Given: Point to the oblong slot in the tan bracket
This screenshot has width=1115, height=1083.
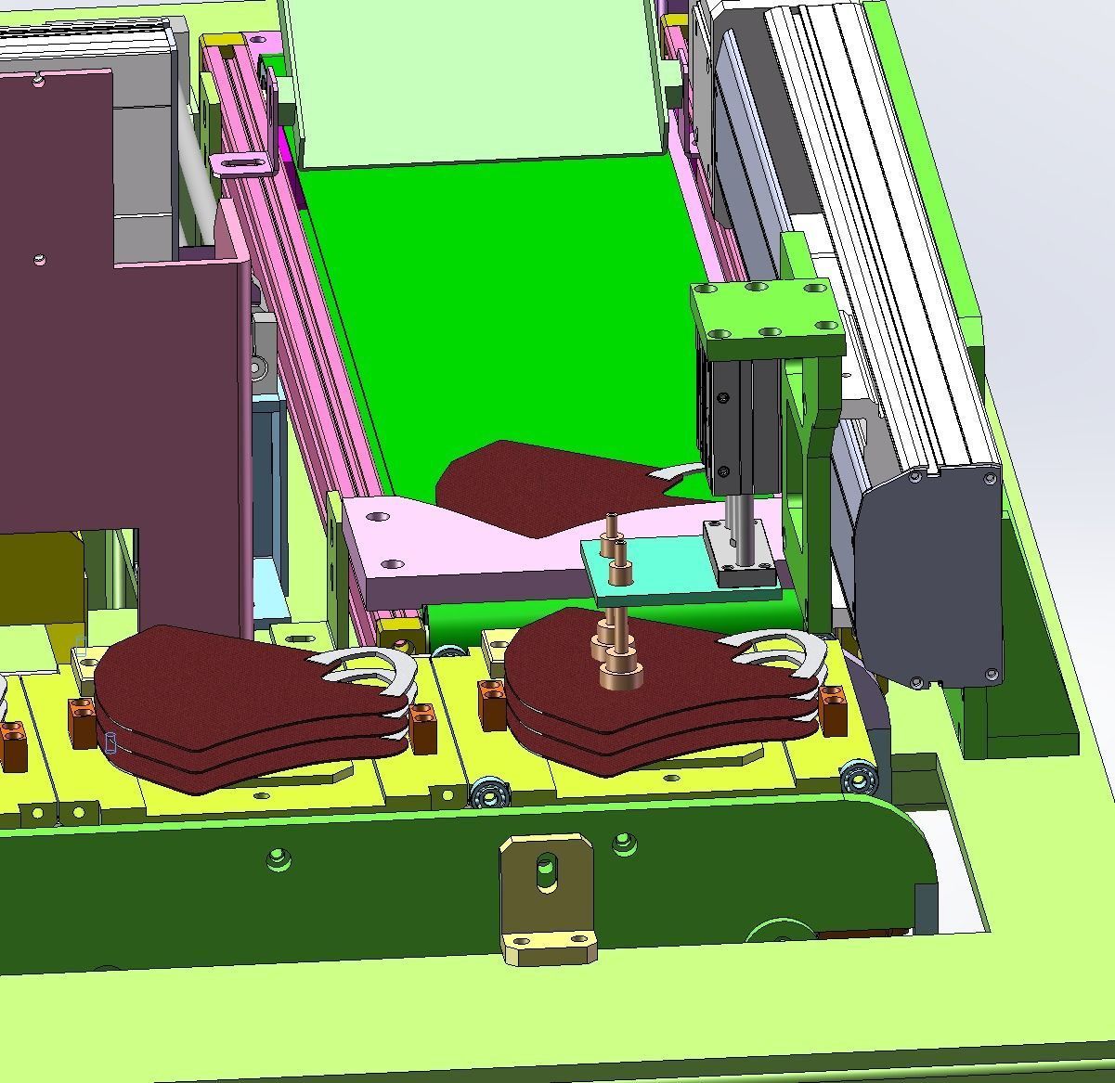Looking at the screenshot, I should [547, 872].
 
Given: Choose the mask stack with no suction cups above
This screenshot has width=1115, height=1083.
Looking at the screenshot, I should [232, 705].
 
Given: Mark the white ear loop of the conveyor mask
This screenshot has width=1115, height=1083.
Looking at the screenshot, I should [676, 476].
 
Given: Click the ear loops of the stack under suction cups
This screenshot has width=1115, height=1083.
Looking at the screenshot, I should [780, 659].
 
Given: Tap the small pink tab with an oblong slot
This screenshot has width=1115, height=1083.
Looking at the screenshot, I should [244, 163].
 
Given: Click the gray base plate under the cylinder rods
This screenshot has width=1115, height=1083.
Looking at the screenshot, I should [738, 557].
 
